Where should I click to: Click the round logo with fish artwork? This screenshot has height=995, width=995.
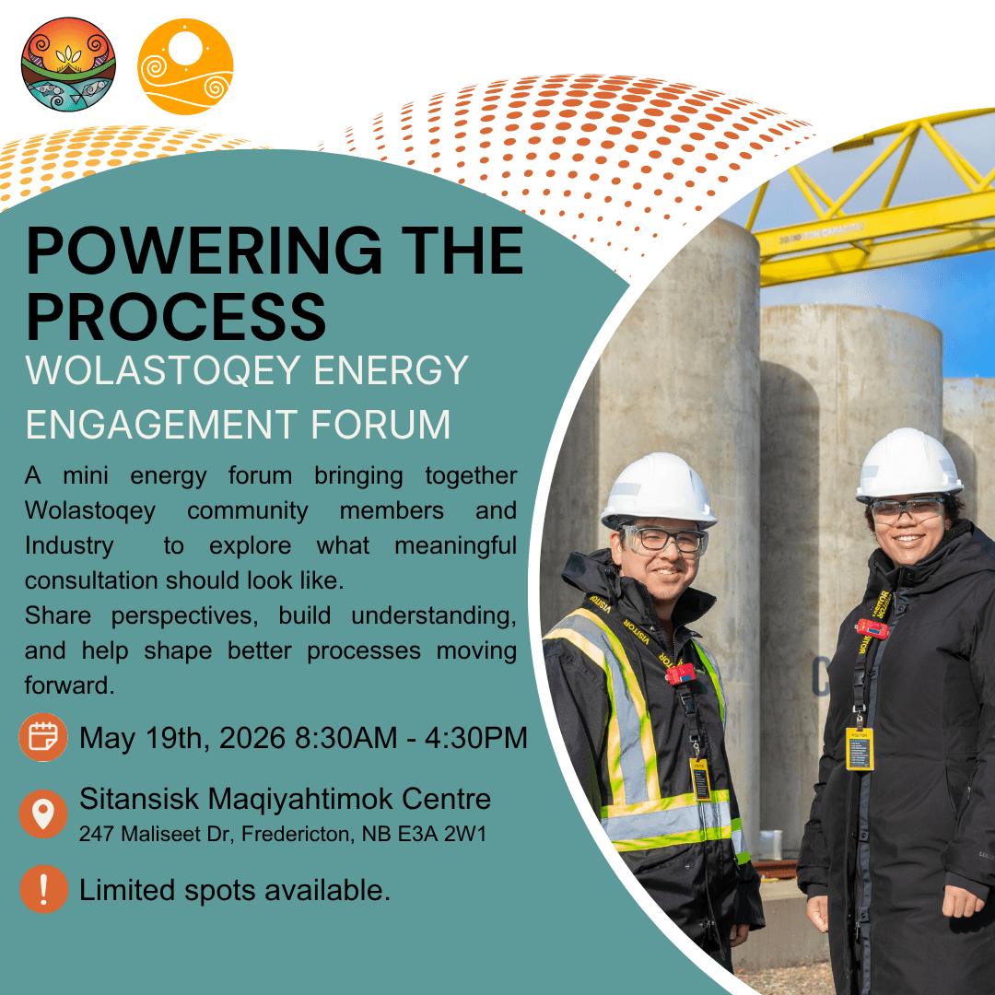(x=68, y=64)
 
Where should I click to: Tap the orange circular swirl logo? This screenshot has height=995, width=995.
(x=185, y=66)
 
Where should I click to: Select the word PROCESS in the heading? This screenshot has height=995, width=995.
(x=176, y=317)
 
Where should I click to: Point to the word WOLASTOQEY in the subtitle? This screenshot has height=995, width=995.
(x=163, y=370)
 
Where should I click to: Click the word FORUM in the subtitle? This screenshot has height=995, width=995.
(x=380, y=425)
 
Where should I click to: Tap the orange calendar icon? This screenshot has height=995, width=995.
(x=43, y=737)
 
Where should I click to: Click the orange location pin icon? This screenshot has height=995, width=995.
(x=43, y=814)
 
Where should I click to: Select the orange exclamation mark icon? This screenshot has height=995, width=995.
(x=43, y=889)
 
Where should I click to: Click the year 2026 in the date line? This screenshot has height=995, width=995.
(x=252, y=738)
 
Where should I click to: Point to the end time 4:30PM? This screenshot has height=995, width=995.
(x=476, y=738)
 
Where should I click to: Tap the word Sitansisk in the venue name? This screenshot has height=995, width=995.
(x=139, y=799)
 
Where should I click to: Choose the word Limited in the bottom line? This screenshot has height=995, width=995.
(x=127, y=890)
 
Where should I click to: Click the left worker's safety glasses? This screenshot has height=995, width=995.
(x=664, y=540)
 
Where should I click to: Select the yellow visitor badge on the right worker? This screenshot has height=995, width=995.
(x=860, y=749)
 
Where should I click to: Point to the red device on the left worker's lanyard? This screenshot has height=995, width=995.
(x=680, y=673)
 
